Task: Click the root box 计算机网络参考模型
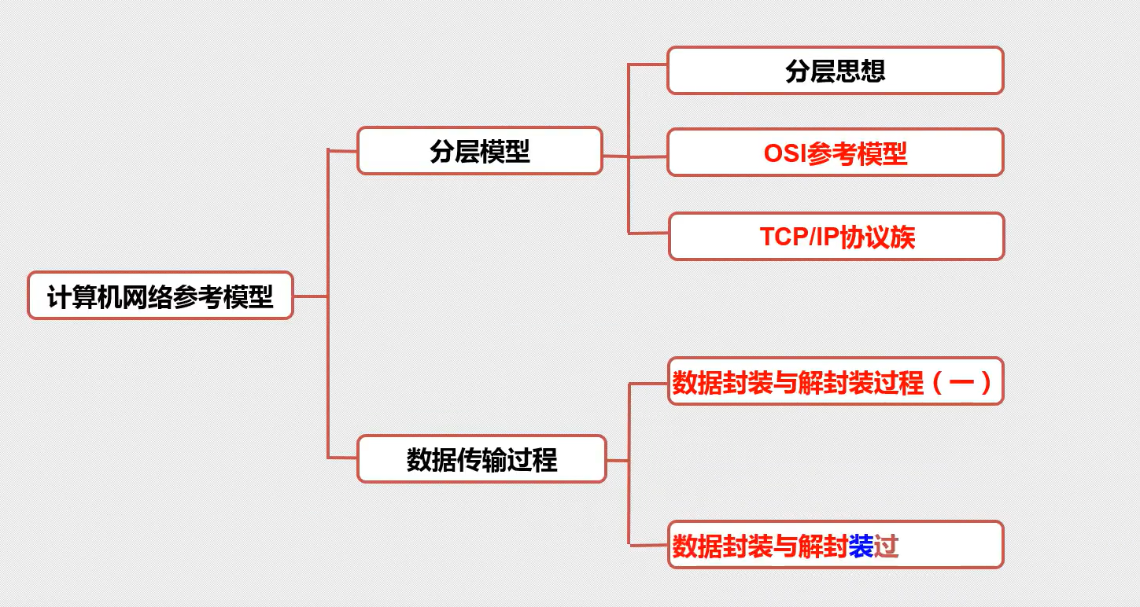click(160, 296)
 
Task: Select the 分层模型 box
click(479, 150)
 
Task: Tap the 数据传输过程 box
click(481, 459)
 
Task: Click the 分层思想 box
click(835, 71)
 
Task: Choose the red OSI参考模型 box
click(835, 153)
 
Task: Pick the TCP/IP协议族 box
click(836, 237)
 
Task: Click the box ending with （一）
click(835, 382)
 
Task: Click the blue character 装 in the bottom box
click(861, 546)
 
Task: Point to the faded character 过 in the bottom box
click(886, 546)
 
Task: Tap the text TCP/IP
click(798, 237)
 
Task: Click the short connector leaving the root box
click(310, 296)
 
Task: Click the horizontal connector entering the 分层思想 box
click(647, 65)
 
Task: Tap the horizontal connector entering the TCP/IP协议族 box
click(649, 233)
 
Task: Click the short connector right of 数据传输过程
click(617, 461)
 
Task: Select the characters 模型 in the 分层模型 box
click(504, 150)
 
